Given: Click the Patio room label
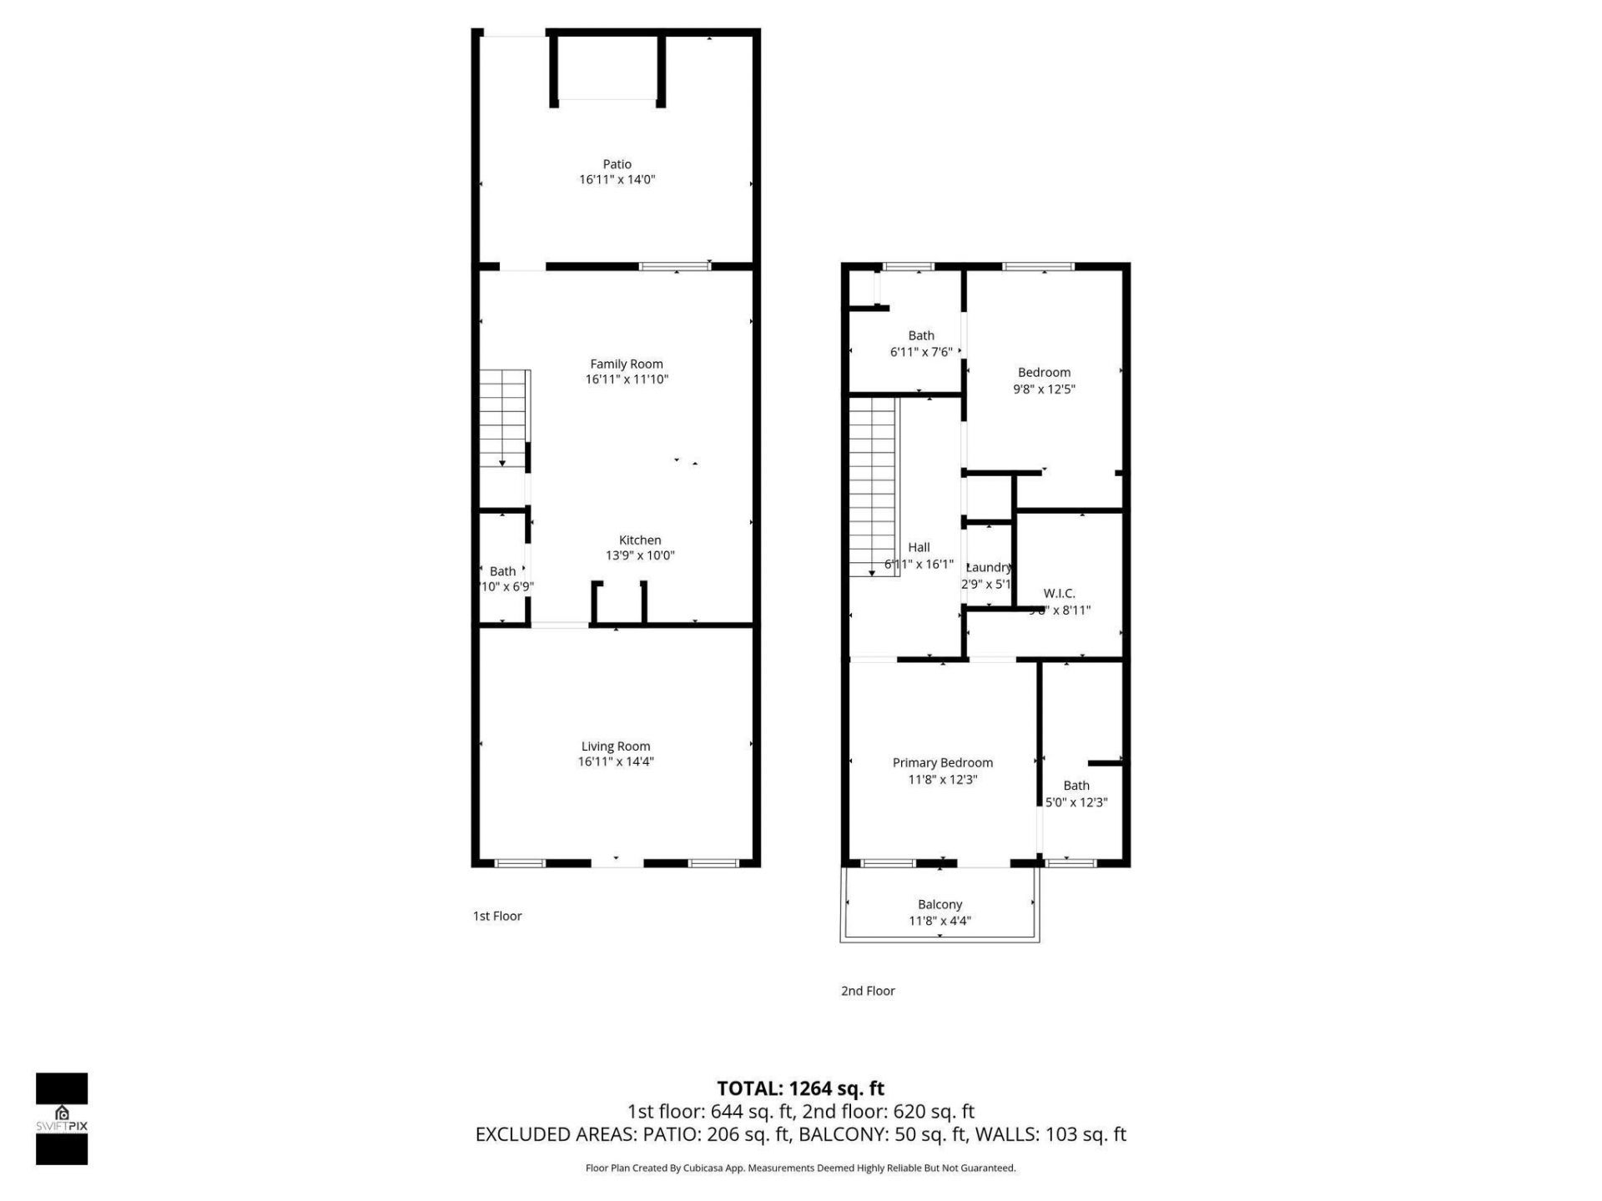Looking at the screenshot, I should (x=617, y=164).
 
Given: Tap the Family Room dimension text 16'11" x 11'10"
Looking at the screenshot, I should (x=627, y=379).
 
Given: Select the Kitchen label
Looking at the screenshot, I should (x=640, y=540).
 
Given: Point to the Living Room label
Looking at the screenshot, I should (x=616, y=746).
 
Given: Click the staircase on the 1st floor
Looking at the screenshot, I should (x=503, y=417).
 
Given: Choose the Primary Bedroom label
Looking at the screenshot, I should (x=943, y=763).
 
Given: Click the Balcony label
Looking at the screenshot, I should (x=940, y=905).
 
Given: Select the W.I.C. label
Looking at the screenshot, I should (x=1059, y=594).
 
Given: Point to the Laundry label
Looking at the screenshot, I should (x=989, y=568).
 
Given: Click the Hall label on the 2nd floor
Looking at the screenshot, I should (x=919, y=548).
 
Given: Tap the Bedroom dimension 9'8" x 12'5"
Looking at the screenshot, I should (x=1044, y=389).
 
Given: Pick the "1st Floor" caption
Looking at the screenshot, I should (x=497, y=916).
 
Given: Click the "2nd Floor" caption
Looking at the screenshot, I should (x=868, y=991).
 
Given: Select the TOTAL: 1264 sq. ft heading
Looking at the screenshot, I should (x=800, y=1088).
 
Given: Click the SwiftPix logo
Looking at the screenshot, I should (x=62, y=1118).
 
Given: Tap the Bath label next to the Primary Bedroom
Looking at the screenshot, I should (x=1076, y=786).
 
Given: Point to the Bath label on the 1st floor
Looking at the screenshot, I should (x=502, y=571).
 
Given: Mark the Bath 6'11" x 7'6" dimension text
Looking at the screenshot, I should (x=921, y=353).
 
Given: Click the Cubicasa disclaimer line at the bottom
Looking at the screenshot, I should (x=800, y=1168).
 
